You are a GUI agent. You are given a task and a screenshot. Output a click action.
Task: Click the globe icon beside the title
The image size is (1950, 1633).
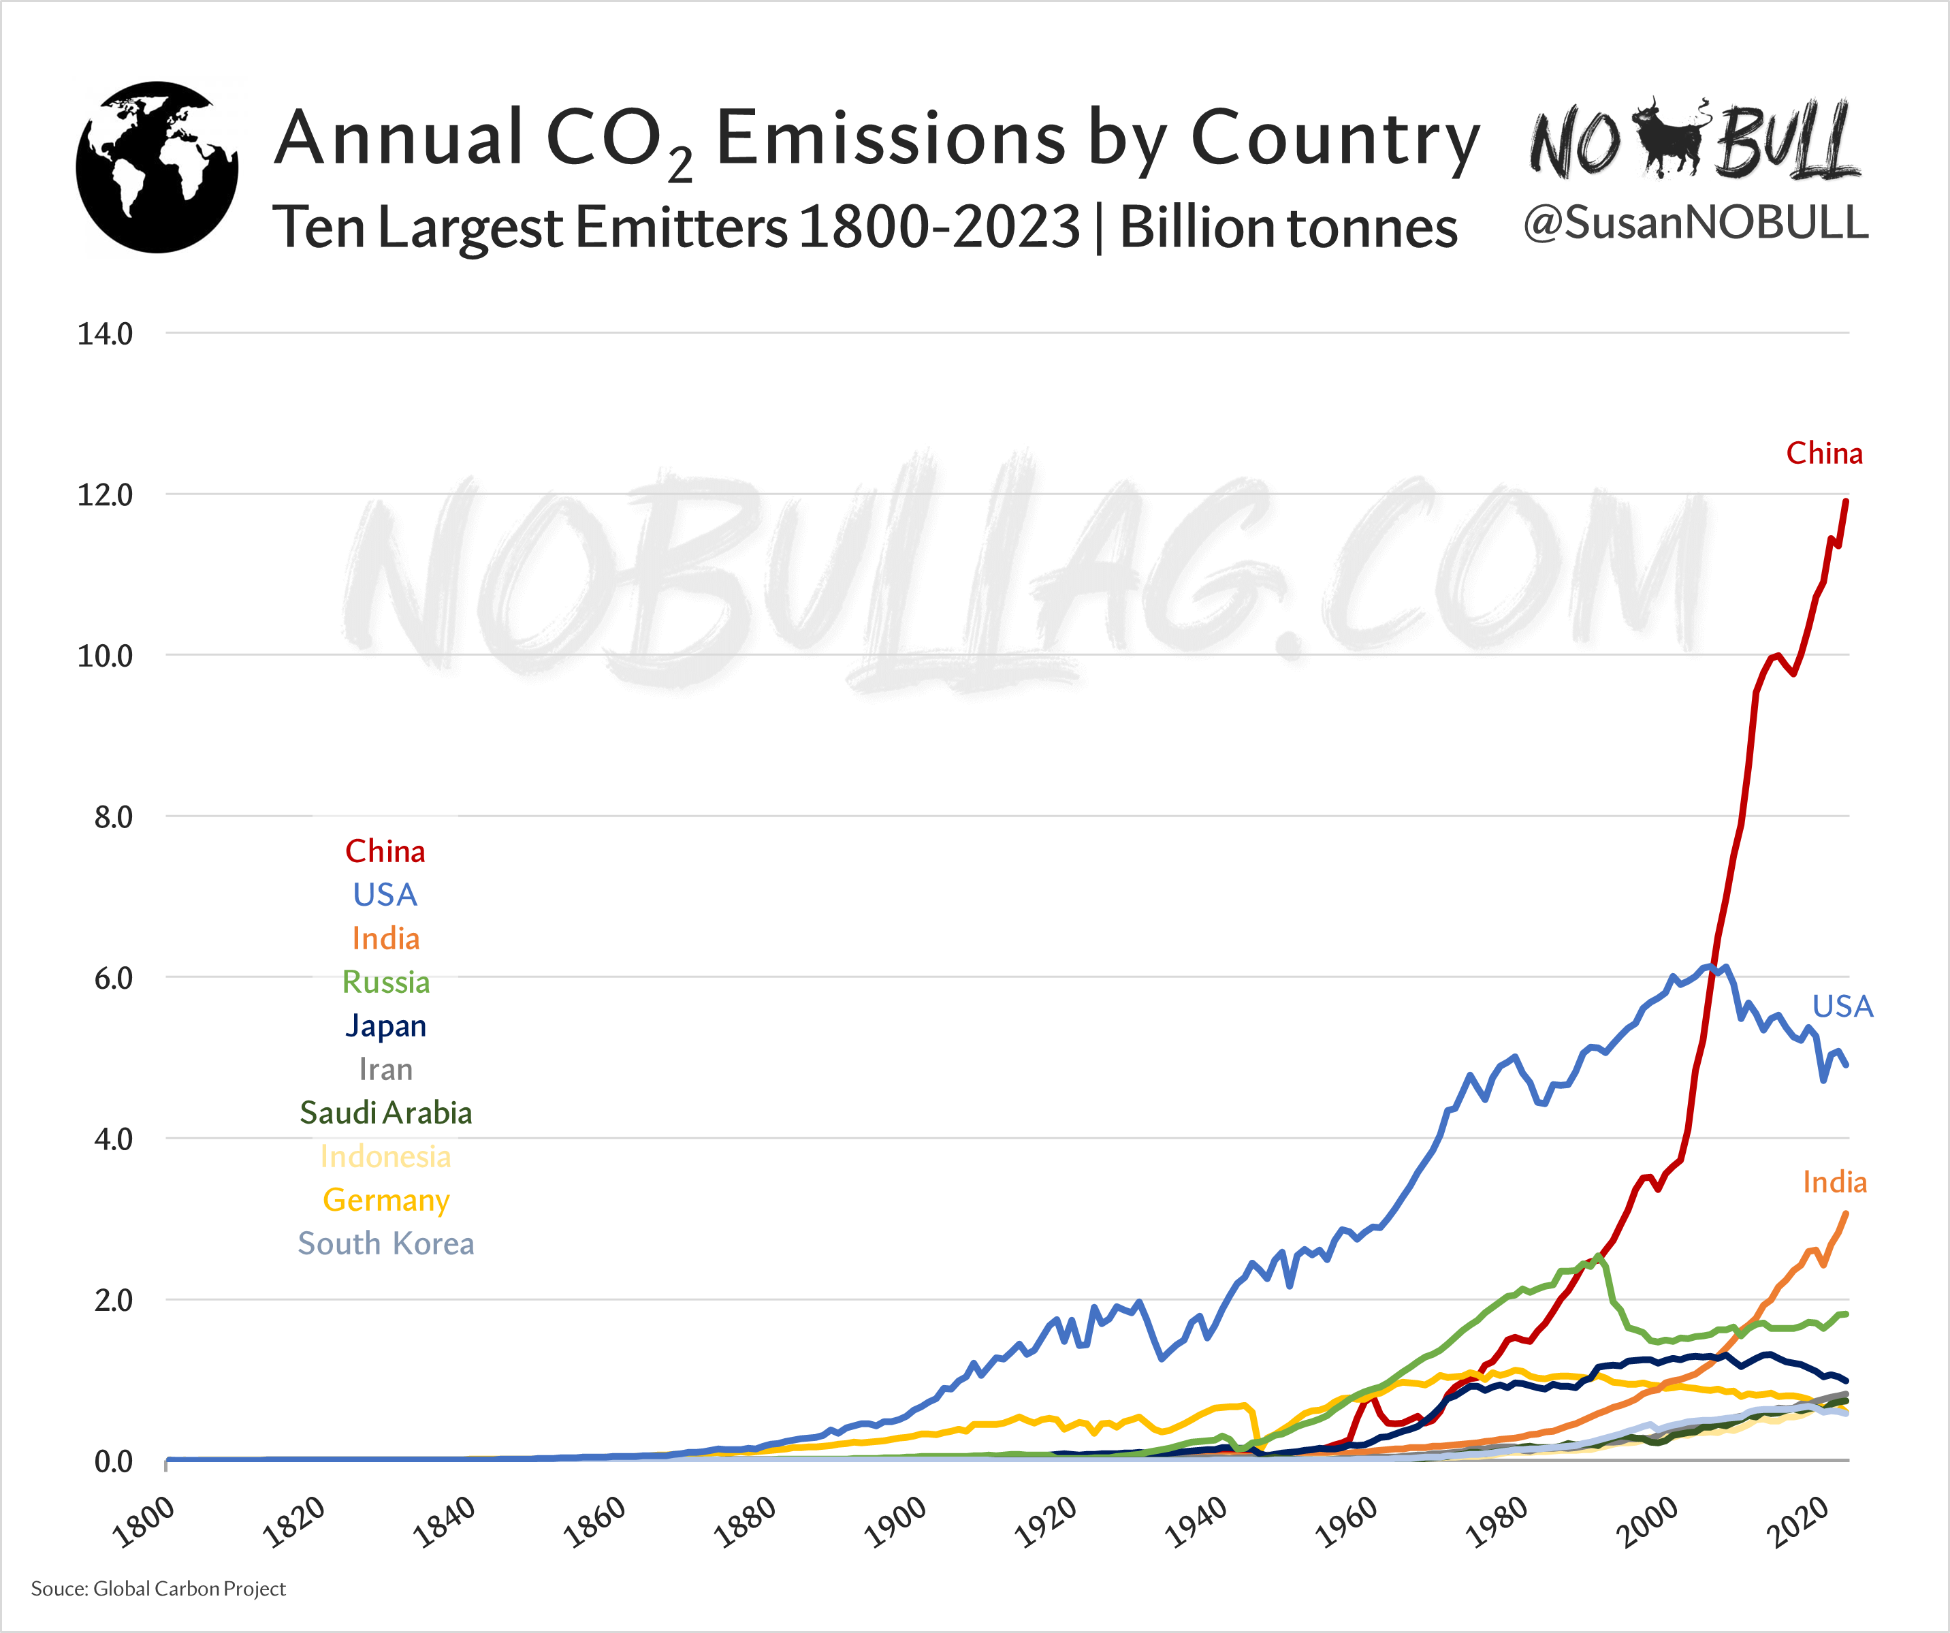(x=157, y=168)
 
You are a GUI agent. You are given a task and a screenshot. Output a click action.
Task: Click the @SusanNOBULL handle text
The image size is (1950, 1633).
(x=1695, y=223)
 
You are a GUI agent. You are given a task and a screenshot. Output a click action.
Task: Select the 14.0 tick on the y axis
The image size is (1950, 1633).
(x=105, y=334)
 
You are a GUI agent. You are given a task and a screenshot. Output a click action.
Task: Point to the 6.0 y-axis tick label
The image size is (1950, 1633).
(x=112, y=978)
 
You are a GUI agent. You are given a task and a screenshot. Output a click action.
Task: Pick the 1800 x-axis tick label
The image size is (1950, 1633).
(x=143, y=1523)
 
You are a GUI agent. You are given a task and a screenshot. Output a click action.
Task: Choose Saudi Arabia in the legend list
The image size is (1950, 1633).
(x=385, y=1113)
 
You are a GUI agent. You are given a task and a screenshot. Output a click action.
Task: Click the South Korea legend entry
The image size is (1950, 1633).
(x=385, y=1243)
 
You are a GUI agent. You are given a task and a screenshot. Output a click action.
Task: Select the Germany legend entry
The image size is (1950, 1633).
(x=385, y=1200)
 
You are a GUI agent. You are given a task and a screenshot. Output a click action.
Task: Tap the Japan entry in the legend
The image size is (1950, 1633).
(x=385, y=1026)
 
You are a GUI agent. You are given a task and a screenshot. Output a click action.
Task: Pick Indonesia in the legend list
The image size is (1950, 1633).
(x=385, y=1156)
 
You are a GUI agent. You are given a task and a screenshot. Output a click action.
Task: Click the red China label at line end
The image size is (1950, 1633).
(x=1824, y=454)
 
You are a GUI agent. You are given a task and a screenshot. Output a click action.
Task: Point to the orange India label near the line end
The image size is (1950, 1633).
(x=1834, y=1182)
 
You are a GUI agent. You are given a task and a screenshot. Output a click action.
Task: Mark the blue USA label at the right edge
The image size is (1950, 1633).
(x=1842, y=1006)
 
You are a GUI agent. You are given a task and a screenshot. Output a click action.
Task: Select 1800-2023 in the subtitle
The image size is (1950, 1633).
(x=939, y=227)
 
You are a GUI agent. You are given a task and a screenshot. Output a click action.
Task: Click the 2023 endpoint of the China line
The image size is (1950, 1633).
(x=1846, y=502)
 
